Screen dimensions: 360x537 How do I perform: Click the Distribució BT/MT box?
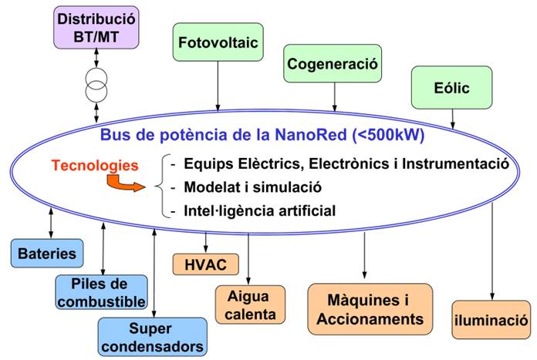(94, 26)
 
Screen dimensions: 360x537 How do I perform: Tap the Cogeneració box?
(333, 64)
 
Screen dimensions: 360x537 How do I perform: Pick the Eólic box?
(451, 87)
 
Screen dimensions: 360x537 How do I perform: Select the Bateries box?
(48, 253)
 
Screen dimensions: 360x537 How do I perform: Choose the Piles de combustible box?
(100, 292)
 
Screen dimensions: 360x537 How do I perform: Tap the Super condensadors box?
(152, 336)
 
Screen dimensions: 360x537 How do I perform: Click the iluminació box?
(491, 318)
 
